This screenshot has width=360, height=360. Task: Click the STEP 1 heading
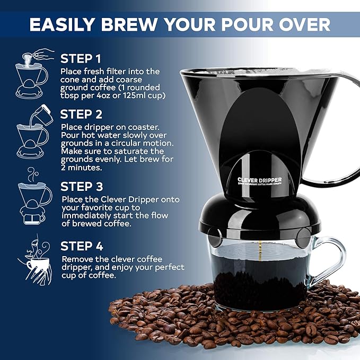[81, 58]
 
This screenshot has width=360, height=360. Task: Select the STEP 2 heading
[82, 114]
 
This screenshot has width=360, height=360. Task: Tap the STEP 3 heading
[82, 186]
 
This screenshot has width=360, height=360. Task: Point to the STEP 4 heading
[82, 246]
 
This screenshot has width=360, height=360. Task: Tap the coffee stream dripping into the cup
[260, 249]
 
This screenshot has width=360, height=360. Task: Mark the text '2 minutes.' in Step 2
[82, 167]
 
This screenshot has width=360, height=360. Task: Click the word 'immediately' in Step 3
[87, 216]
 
